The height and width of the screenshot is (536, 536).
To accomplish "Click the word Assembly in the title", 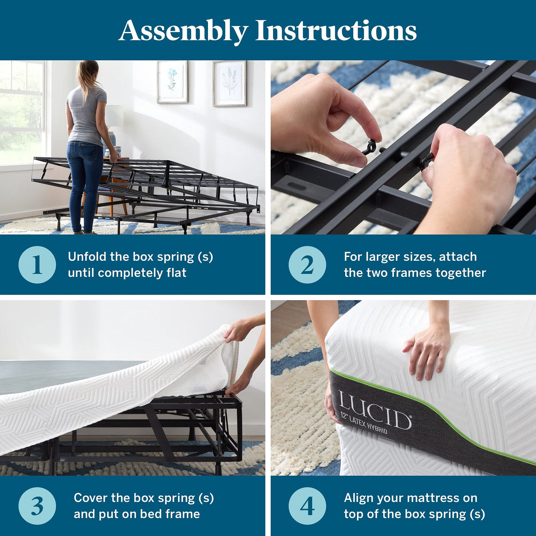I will [183, 31].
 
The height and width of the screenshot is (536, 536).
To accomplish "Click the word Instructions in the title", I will [336, 31].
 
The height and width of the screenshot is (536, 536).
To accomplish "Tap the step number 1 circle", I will [37, 265].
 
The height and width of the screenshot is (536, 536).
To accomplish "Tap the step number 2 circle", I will [307, 265].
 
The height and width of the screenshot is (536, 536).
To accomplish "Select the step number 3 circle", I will [37, 506].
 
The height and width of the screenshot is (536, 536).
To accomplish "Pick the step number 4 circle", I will [307, 506].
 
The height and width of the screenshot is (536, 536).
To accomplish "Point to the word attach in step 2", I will [458, 257].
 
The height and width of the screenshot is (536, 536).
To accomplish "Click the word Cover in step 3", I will [91, 498].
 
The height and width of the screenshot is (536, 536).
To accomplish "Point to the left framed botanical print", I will [172, 82].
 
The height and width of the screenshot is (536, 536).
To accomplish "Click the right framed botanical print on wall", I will [230, 83].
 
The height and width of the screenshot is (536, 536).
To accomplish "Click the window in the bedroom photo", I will [22, 113].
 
